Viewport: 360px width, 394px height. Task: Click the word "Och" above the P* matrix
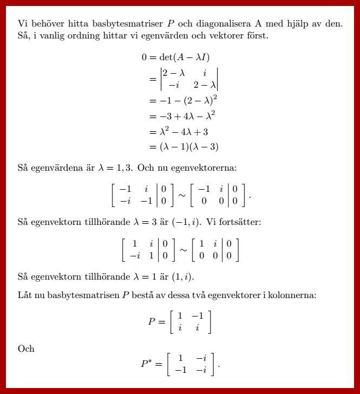pyautogui.click(x=25, y=348)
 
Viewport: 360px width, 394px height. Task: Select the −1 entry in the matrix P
pyautogui.click(x=198, y=316)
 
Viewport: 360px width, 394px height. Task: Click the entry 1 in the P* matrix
pyautogui.click(x=181, y=358)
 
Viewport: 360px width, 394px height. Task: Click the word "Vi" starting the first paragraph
pyautogui.click(x=23, y=24)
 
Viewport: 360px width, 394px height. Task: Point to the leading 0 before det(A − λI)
pyautogui.click(x=145, y=57)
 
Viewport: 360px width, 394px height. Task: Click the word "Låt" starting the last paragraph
pyautogui.click(x=24, y=295)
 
